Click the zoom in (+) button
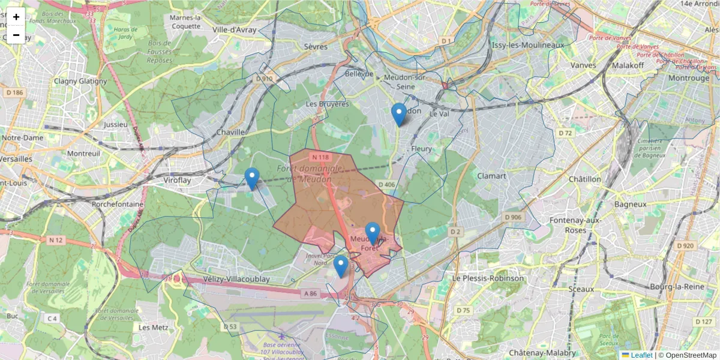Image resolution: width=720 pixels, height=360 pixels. tap(16, 17)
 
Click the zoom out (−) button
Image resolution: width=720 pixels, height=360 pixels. tap(16, 35)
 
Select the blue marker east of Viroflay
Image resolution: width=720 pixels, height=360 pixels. tap(252, 178)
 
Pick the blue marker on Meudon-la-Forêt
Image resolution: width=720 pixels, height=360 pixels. tap(373, 233)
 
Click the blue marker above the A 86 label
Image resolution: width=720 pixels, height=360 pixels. tap(341, 266)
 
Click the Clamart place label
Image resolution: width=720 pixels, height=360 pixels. tap(491, 176)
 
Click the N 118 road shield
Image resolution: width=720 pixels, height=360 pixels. tap(320, 157)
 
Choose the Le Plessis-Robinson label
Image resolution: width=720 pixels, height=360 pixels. tap(488, 278)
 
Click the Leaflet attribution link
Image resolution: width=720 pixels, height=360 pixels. tap(641, 355)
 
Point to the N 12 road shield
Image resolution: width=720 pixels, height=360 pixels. tap(56, 240)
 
